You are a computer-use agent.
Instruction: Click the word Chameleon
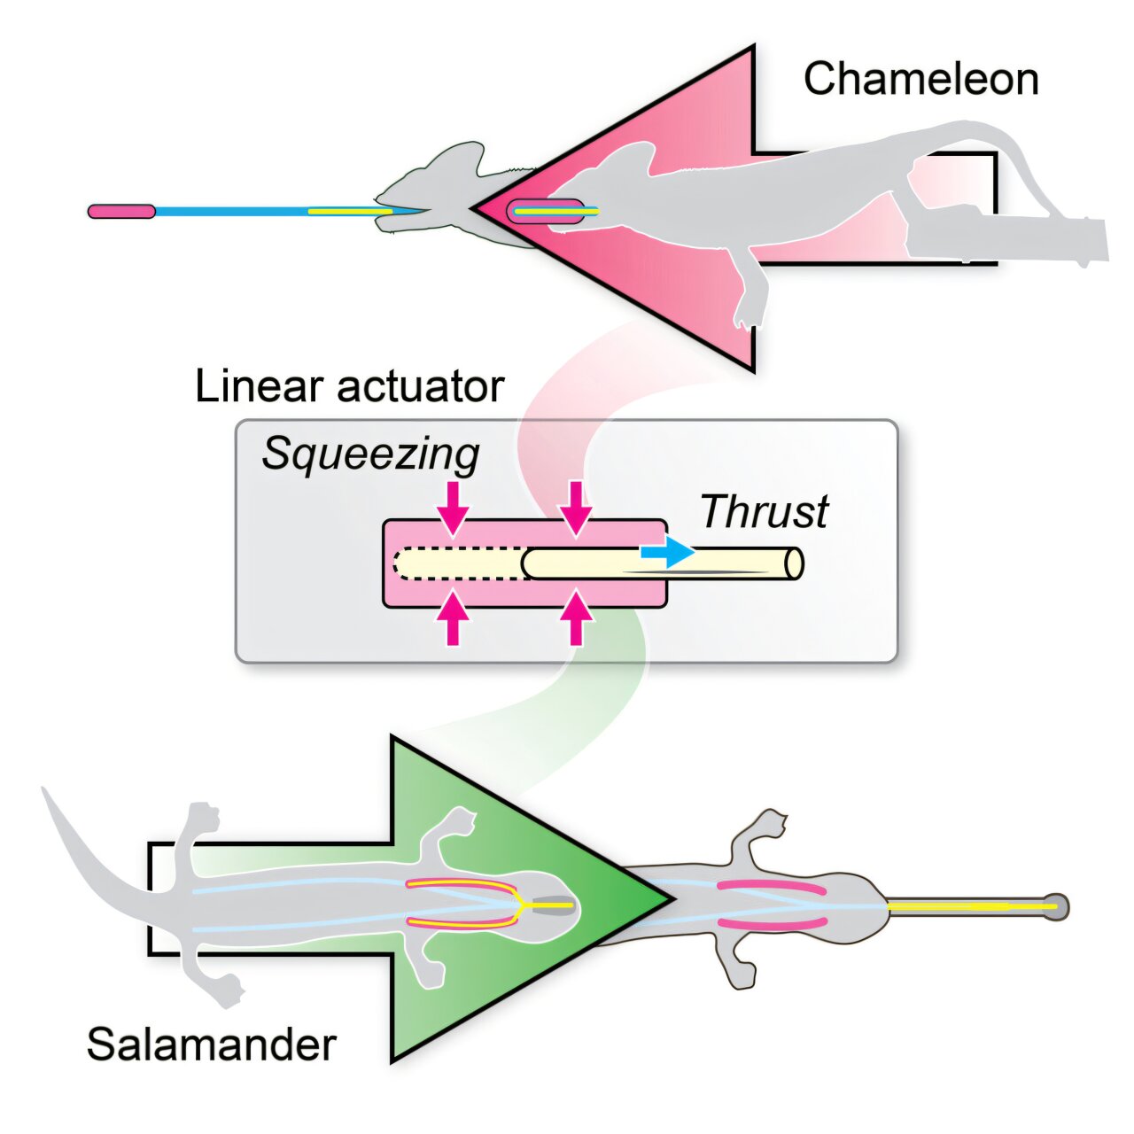[920, 79]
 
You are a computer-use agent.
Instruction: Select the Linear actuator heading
[349, 386]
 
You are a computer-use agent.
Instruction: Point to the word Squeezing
[370, 454]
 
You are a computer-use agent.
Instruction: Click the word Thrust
[764, 511]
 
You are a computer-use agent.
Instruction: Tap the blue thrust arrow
[666, 552]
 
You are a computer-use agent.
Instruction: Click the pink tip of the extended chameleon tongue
[121, 212]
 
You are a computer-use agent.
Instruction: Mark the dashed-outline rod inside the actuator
[458, 563]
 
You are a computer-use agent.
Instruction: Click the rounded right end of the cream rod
[795, 563]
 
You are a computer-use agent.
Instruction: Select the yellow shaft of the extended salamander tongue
[966, 906]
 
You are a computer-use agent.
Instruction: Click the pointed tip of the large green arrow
[670, 898]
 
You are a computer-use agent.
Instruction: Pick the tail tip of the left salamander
[44, 790]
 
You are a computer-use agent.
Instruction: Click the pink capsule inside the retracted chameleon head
[545, 212]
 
